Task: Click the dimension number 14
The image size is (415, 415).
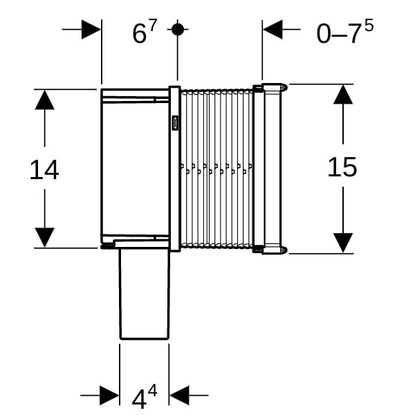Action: pyautogui.click(x=44, y=170)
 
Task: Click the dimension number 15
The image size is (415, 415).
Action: pyautogui.click(x=342, y=167)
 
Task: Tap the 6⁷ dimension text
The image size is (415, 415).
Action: pyautogui.click(x=145, y=31)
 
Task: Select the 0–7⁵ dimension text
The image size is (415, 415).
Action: pyautogui.click(x=344, y=31)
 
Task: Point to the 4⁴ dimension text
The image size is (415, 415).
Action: pyautogui.click(x=145, y=396)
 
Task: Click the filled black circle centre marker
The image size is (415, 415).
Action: pyautogui.click(x=177, y=29)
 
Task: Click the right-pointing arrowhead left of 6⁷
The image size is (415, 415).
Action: pyautogui.click(x=91, y=29)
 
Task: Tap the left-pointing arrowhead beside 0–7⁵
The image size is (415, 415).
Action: pyautogui.click(x=273, y=29)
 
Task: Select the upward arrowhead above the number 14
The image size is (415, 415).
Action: pyautogui.click(x=44, y=100)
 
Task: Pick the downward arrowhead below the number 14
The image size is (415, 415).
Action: pyautogui.click(x=44, y=238)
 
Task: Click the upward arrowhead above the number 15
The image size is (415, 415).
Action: pyautogui.click(x=343, y=94)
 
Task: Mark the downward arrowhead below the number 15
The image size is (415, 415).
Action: pyautogui.click(x=343, y=243)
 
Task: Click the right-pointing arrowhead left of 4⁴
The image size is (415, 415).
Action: pyautogui.click(x=109, y=396)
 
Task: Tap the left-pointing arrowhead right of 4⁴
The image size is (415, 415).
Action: pyautogui.click(x=179, y=396)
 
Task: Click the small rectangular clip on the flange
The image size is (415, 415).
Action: pyautogui.click(x=175, y=123)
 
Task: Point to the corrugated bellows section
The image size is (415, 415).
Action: pyautogui.click(x=216, y=169)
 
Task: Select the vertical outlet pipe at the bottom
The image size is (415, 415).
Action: pyautogui.click(x=144, y=294)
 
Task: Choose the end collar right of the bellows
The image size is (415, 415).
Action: pyautogui.click(x=270, y=169)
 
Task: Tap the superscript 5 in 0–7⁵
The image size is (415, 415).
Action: pyautogui.click(x=369, y=25)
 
